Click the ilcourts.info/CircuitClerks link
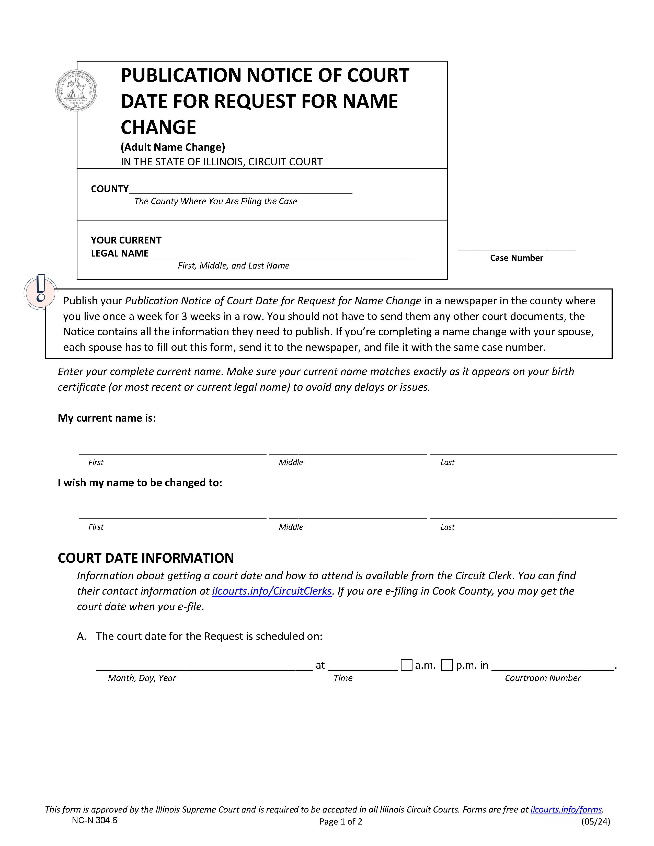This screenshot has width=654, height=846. [272, 591]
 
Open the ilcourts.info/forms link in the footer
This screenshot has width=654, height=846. [566, 809]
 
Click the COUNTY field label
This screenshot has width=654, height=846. [110, 189]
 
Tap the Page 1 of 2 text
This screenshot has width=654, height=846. [341, 821]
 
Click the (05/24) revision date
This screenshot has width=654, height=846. [595, 821]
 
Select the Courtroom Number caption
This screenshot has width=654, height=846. [542, 678]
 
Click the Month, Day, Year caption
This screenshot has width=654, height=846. [142, 678]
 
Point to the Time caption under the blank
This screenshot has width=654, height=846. [343, 678]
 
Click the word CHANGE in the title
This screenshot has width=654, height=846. [158, 127]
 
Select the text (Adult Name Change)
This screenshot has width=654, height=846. [173, 147]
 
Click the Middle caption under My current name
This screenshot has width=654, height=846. [291, 462]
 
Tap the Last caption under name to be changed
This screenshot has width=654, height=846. [447, 527]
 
